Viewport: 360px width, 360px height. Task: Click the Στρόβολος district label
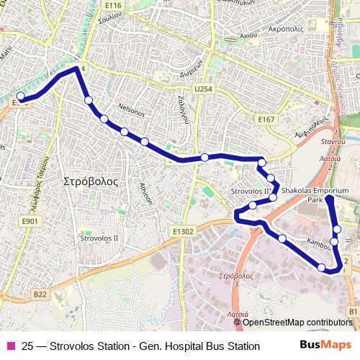(x=91, y=181)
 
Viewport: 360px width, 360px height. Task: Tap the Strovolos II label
(x=99, y=237)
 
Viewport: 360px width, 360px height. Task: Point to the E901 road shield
(x=30, y=222)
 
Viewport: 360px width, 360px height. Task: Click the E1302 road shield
(x=184, y=231)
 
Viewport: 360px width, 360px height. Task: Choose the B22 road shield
(x=40, y=294)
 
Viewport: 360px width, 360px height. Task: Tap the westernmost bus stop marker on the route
(x=21, y=96)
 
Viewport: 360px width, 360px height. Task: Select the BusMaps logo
(x=325, y=346)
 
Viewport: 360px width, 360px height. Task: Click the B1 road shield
(x=353, y=311)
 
